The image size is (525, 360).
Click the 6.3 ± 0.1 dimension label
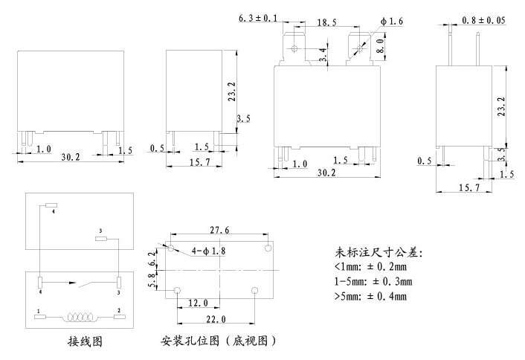(x=257, y=18)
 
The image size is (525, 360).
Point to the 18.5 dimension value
(x=324, y=23)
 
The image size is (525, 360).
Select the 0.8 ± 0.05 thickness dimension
(x=483, y=21)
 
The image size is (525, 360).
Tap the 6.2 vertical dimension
(x=154, y=259)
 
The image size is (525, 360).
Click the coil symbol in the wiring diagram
(x=78, y=317)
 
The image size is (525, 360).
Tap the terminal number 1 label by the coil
(x=37, y=309)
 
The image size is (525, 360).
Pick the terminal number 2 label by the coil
(x=119, y=309)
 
